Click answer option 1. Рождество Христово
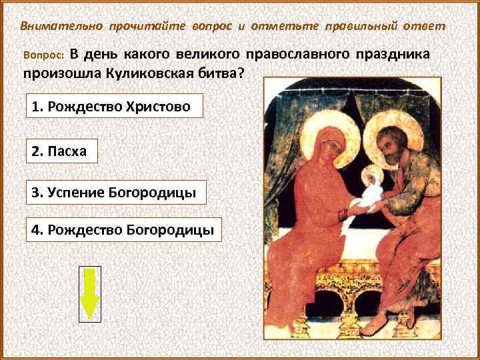(x=114, y=107)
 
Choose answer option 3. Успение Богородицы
(x=116, y=193)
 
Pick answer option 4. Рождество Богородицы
(x=125, y=231)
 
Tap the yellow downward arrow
(x=89, y=293)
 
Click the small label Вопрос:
(x=42, y=55)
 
